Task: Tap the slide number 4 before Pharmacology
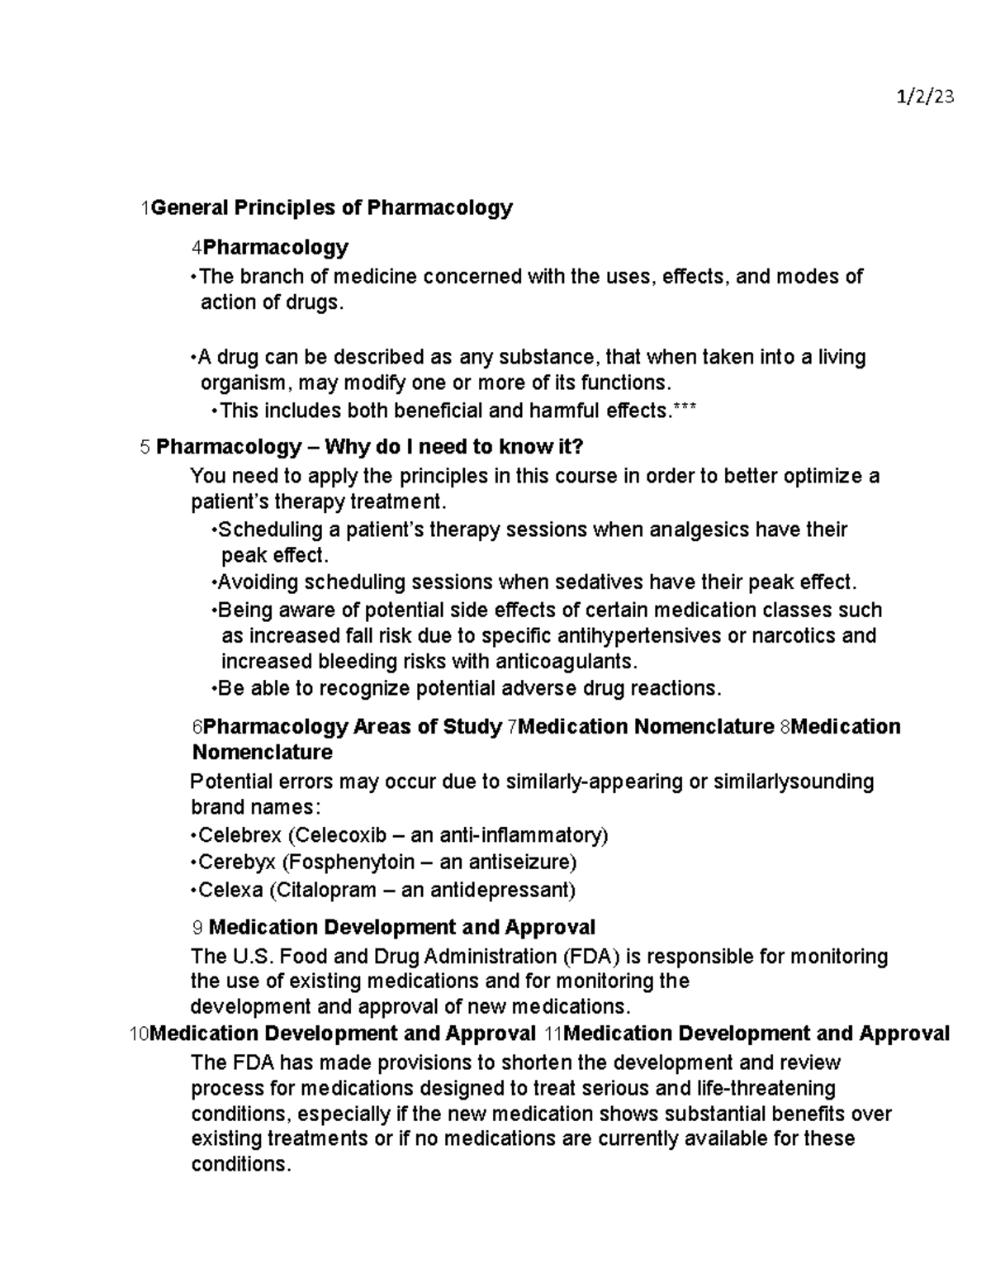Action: click(x=196, y=248)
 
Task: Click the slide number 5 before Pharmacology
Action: click(x=145, y=448)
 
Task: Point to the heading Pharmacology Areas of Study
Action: click(x=353, y=727)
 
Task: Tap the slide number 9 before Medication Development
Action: click(x=197, y=928)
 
